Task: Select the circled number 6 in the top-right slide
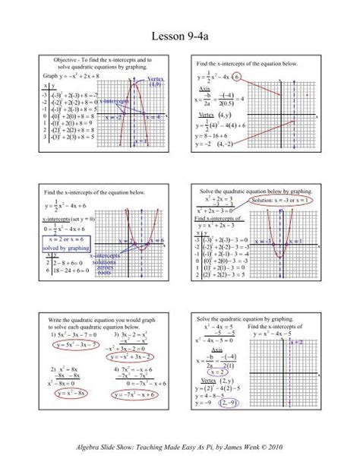[238, 77]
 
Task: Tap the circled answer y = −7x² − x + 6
[128, 394]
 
